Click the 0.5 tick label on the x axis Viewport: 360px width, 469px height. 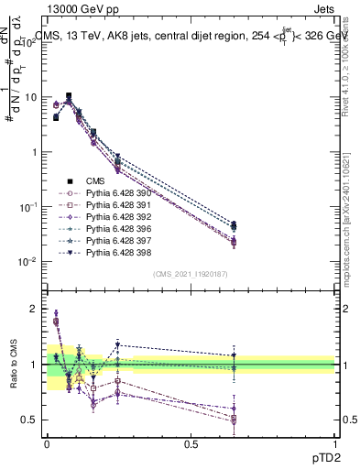pyautogui.click(x=191, y=443)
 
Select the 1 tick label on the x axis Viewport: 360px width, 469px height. pyautogui.click(x=335, y=443)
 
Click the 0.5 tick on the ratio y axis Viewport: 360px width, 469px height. pyautogui.click(x=31, y=420)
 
